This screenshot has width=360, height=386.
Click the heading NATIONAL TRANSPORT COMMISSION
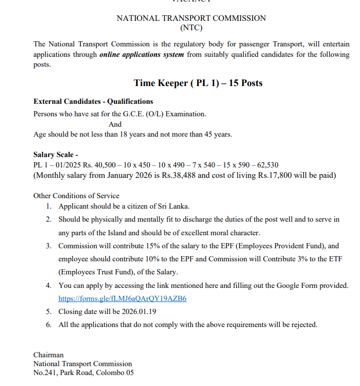[191, 18]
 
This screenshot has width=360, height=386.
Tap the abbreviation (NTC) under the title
[191, 28]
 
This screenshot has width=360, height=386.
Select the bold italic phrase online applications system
[141, 55]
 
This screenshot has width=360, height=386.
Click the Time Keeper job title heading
[198, 83]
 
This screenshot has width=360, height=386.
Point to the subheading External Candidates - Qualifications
[93, 101]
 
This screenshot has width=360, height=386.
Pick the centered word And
[115, 124]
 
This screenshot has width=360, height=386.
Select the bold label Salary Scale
[56, 155]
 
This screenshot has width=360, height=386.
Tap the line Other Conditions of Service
[76, 196]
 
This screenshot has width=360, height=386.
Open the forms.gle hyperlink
[123, 299]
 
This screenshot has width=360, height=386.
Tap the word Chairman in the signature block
[49, 355]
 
